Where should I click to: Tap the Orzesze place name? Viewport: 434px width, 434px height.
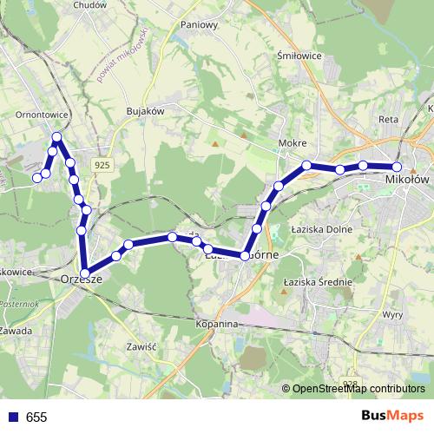click(83, 279)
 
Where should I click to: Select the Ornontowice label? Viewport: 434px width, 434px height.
click(43, 114)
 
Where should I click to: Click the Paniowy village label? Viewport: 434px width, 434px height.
click(199, 25)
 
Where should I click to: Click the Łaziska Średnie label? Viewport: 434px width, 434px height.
click(318, 282)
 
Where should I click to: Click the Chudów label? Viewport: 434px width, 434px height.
click(89, 4)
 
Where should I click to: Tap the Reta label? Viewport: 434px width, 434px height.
click(388, 121)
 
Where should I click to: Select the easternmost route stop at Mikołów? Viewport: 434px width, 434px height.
click(397, 167)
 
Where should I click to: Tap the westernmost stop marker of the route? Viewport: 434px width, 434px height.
click(37, 178)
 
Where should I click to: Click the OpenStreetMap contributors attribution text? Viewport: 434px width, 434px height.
click(358, 389)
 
